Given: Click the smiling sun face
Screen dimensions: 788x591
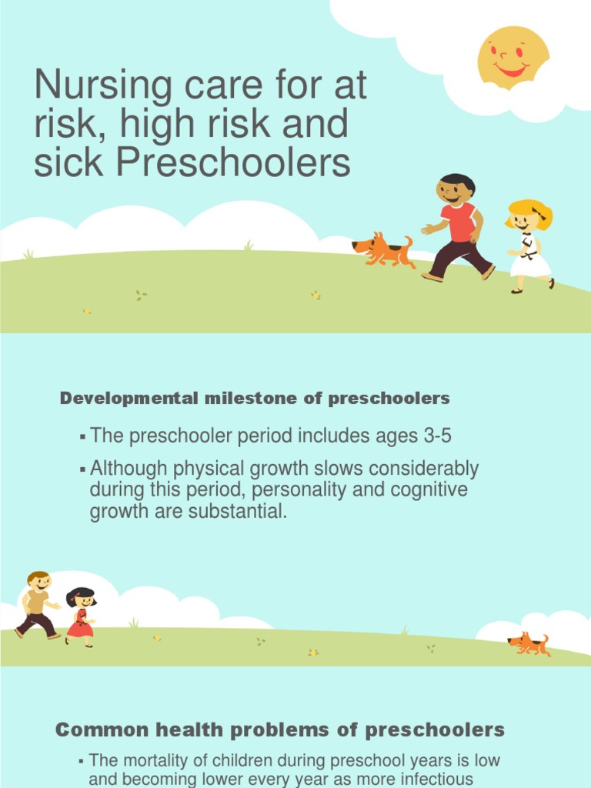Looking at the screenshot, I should click(513, 57).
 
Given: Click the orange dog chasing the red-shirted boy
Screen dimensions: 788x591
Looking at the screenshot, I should click(383, 249).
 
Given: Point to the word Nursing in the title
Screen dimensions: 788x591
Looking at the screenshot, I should click(103, 85).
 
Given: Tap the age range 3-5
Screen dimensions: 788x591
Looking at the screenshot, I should click(436, 436).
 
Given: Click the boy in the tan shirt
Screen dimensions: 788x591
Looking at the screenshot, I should click(37, 604).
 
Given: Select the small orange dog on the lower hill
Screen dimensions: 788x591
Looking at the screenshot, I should click(529, 644).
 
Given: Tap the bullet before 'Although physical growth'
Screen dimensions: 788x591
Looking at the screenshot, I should click(82, 469).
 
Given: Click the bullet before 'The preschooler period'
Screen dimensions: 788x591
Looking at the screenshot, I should click(82, 437).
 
